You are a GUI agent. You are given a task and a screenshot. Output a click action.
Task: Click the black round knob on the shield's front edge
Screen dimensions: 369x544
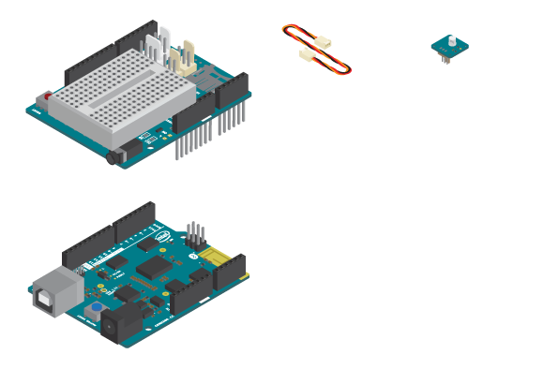click(113, 156)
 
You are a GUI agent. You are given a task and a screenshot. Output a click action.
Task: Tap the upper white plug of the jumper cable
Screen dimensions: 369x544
click(322, 43)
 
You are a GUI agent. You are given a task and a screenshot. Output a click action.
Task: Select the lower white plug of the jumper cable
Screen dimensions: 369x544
click(307, 56)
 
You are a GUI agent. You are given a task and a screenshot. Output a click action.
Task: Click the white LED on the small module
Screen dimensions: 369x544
click(450, 40)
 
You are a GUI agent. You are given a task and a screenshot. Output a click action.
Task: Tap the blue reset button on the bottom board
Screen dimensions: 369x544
click(96, 308)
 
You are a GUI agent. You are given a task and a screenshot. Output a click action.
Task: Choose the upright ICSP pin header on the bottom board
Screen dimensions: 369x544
click(194, 233)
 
